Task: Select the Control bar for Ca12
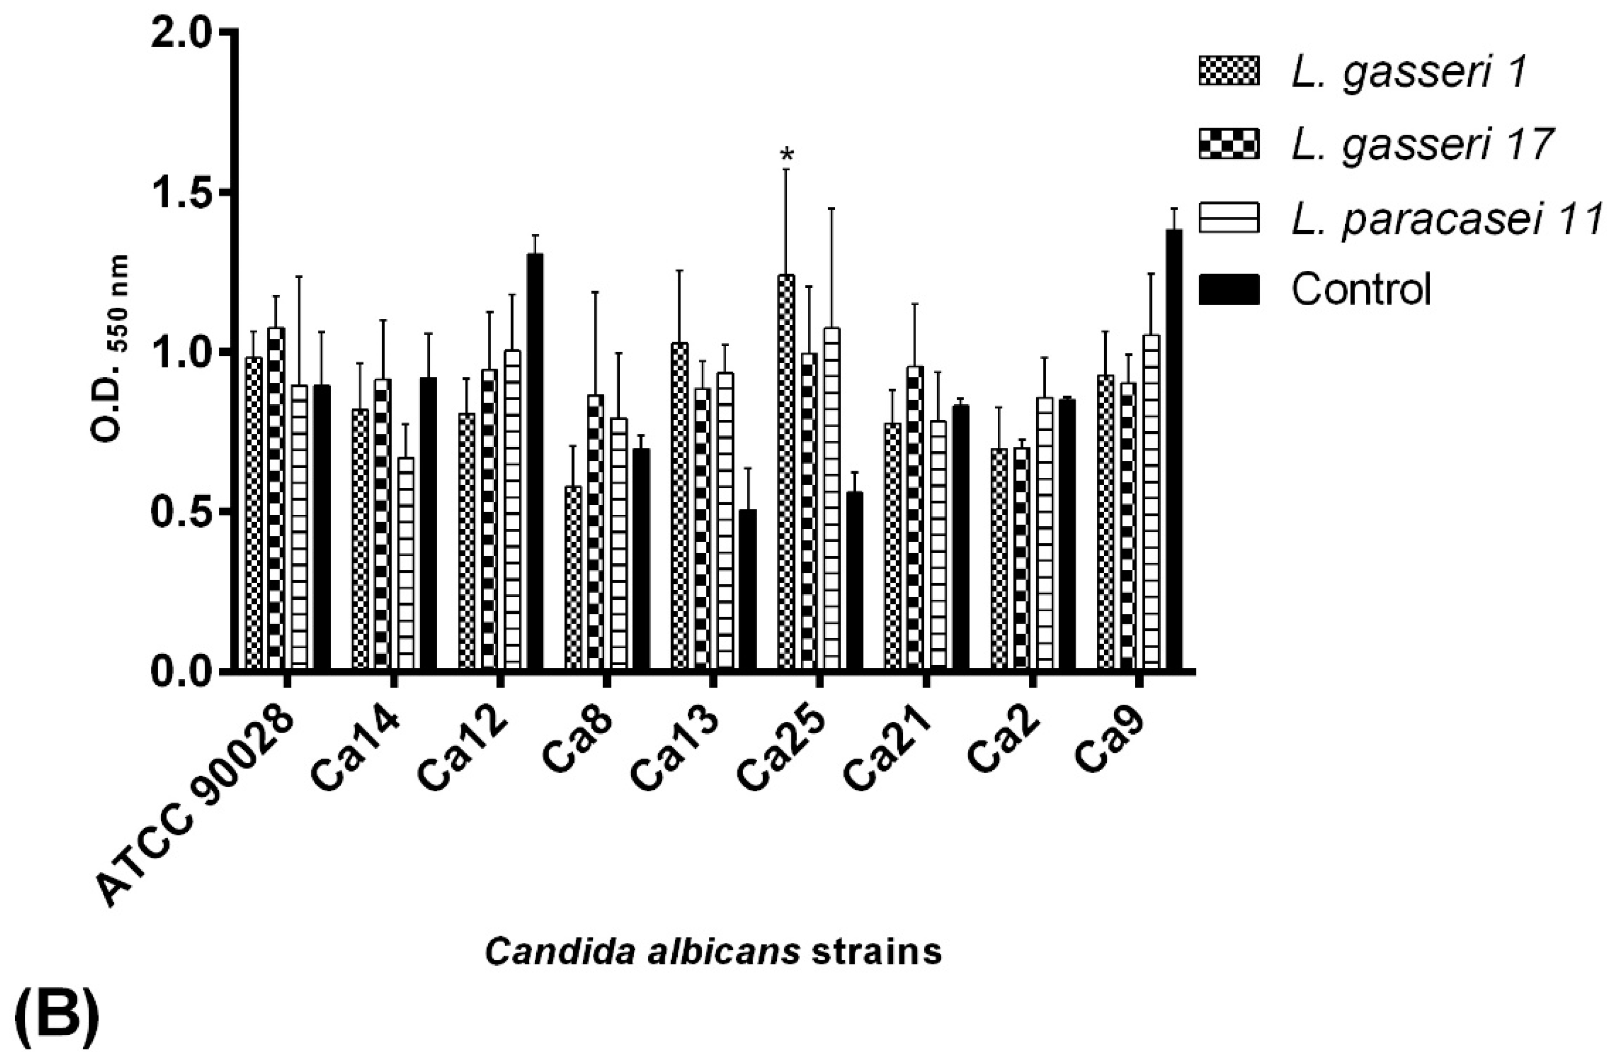click(535, 462)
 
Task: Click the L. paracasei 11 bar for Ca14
click(406, 563)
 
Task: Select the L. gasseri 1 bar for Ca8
click(574, 578)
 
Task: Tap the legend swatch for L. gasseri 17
click(1229, 143)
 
